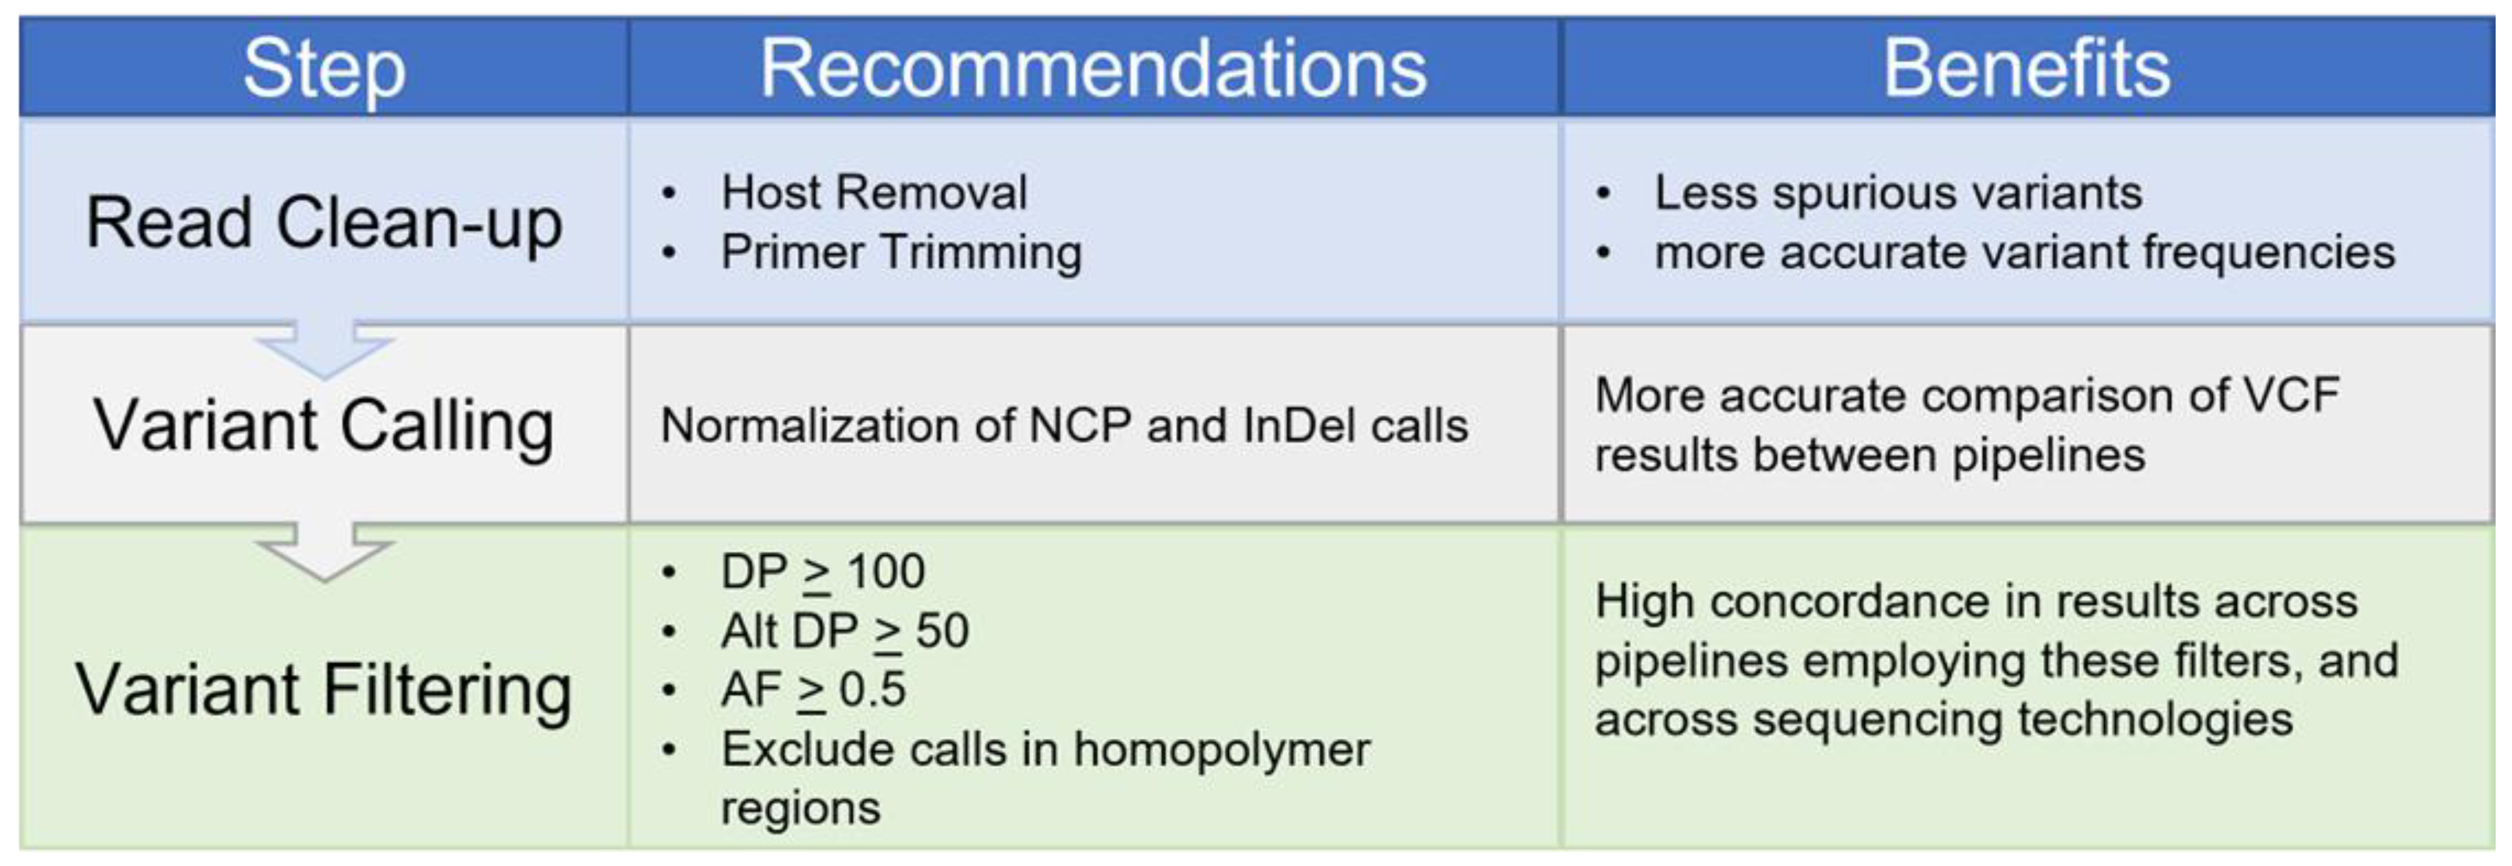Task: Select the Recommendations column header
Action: [x=1093, y=68]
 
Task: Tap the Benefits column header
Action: [x=2026, y=68]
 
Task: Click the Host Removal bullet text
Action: [x=874, y=192]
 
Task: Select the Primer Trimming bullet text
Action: [x=901, y=253]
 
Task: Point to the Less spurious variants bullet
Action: [x=1898, y=192]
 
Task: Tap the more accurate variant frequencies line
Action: [x=2024, y=253]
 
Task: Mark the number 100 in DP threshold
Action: [x=885, y=572]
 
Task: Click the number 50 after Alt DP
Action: [x=942, y=631]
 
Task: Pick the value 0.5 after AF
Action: [x=872, y=690]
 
